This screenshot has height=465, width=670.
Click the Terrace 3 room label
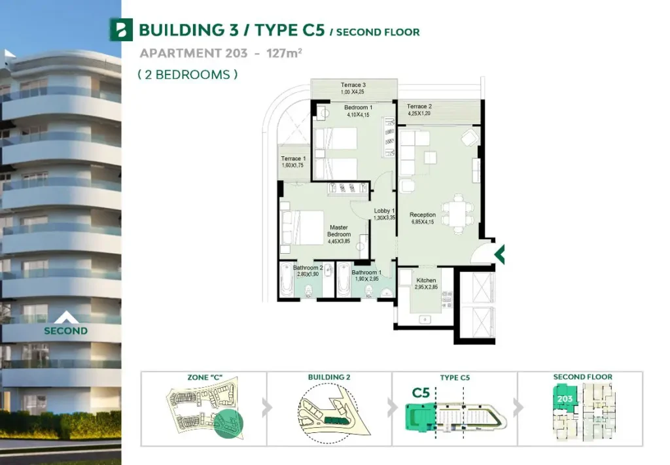tap(353, 85)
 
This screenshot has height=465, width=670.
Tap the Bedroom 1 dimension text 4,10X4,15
tap(358, 115)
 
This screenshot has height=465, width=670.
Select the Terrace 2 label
tap(419, 107)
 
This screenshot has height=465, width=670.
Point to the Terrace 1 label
tap(293, 158)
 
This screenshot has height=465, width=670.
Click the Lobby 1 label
tap(384, 211)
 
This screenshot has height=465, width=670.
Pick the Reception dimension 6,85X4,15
tap(423, 222)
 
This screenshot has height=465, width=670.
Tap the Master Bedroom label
tap(339, 231)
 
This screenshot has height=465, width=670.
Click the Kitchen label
tap(426, 280)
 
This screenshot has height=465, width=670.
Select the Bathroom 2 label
tap(308, 267)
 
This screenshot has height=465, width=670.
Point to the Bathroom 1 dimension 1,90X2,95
tap(366, 279)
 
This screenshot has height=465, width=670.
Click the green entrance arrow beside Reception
tap(499, 254)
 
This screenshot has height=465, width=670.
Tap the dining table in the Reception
tap(457, 213)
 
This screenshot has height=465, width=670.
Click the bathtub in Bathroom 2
tap(287, 279)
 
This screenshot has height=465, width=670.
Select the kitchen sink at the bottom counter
tap(425, 319)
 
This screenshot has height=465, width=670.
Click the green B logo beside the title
tap(121, 29)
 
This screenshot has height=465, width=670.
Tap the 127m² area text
tap(284, 53)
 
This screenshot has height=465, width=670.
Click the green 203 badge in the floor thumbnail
tap(565, 399)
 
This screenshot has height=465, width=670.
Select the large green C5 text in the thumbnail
tap(421, 393)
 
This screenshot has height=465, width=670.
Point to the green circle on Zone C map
tap(228, 424)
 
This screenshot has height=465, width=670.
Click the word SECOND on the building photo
tap(66, 331)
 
